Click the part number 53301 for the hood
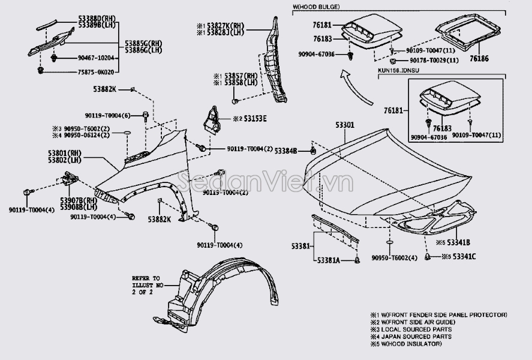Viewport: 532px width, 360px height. coord(344,125)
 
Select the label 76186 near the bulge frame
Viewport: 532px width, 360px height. coord(480,60)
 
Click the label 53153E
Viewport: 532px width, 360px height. coord(254,119)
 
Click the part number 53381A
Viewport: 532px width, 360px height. coord(329,260)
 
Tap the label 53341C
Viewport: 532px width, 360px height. coord(462,257)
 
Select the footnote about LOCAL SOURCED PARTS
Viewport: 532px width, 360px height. coord(413,329)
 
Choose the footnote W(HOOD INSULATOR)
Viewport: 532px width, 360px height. coord(414,344)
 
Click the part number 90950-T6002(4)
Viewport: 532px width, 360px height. coord(393,257)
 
